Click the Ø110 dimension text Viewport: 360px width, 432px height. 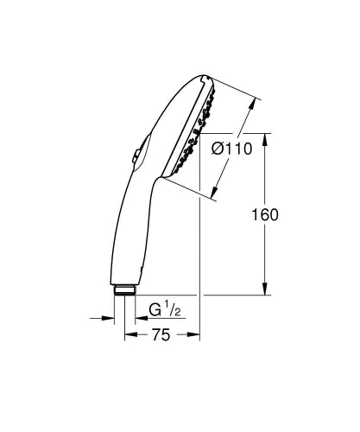coord(231,149)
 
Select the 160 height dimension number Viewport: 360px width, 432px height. coord(267,215)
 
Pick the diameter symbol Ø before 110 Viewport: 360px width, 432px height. coord(218,149)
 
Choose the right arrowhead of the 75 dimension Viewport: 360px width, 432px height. coord(196,335)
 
